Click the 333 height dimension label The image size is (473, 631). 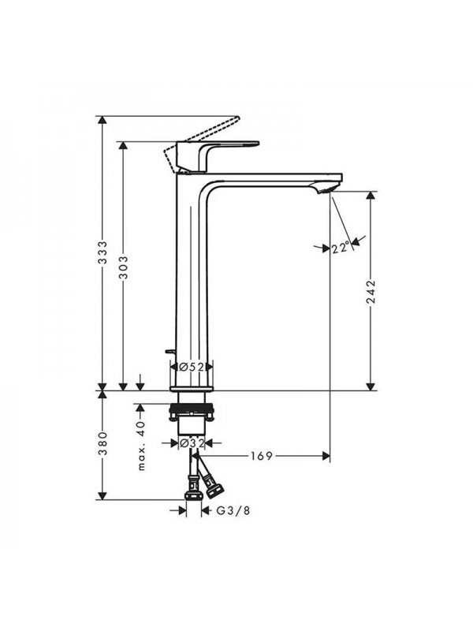tap(103, 252)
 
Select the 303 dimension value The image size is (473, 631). tap(124, 267)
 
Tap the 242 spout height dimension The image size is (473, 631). tap(371, 292)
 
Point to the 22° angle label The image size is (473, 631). tap(341, 248)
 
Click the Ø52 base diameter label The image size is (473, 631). tap(192, 367)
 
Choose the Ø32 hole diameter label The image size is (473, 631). tap(192, 443)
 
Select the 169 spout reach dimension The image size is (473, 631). tap(262, 456)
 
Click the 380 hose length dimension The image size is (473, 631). tap(103, 443)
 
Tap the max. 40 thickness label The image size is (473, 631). tap(141, 445)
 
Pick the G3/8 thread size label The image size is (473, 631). tap(233, 510)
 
